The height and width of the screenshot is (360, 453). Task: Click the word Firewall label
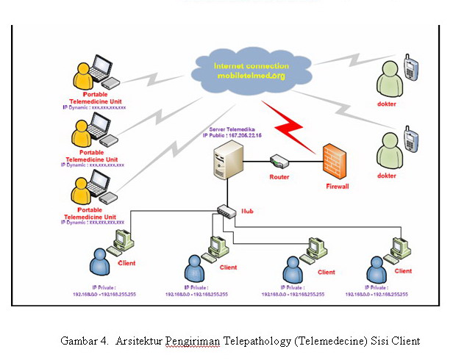pyautogui.click(x=337, y=187)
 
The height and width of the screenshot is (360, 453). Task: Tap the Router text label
pyautogui.click(x=279, y=177)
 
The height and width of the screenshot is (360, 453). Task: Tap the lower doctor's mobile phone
pyautogui.click(x=413, y=140)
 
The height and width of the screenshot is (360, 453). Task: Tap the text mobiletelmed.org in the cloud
pyautogui.click(x=251, y=75)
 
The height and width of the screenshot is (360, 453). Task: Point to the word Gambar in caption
pyautogui.click(x=78, y=341)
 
